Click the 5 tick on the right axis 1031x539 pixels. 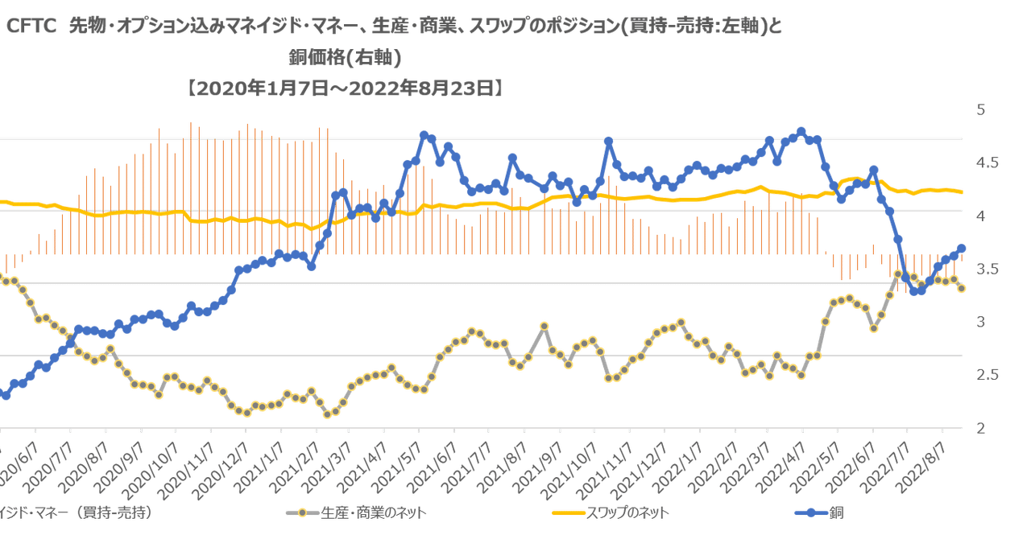[980, 111]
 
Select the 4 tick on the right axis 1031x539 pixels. [980, 216]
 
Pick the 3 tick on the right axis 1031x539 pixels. [980, 323]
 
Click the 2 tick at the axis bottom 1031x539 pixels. [980, 428]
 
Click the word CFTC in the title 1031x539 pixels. [31, 27]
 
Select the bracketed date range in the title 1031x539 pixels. [344, 88]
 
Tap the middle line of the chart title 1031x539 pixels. [344, 58]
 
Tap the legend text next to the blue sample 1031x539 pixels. [841, 512]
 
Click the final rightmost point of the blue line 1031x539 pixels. [962, 249]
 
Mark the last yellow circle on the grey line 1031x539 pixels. [962, 288]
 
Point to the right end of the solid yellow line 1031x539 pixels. [962, 191]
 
